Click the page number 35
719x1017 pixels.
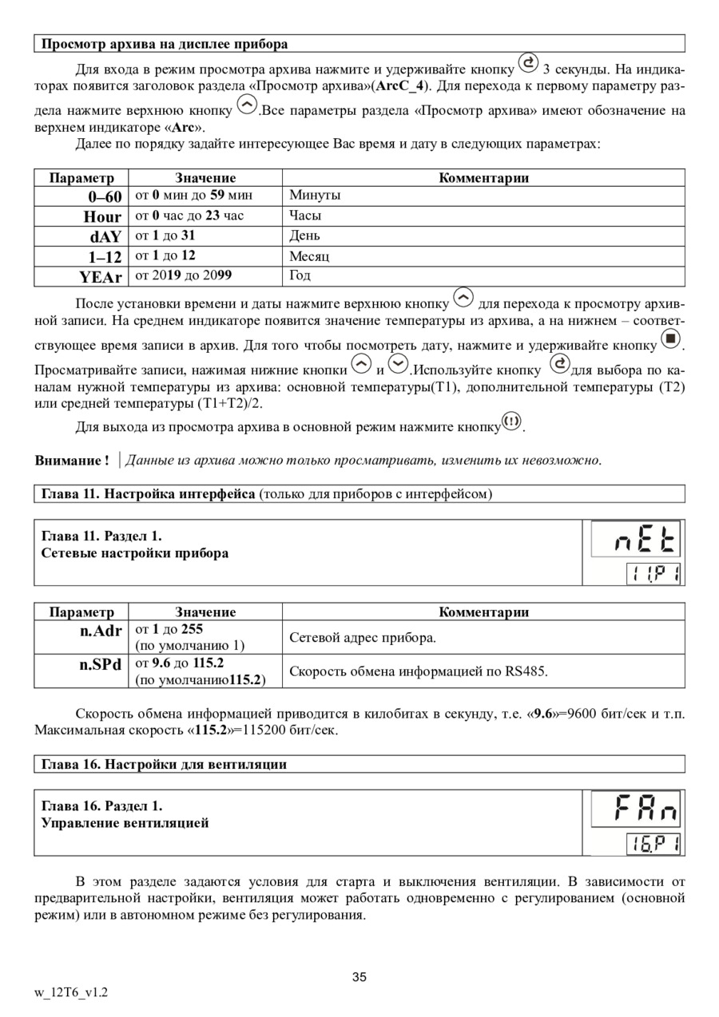(x=359, y=977)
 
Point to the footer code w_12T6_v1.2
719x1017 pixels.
(x=71, y=992)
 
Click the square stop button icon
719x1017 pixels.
(x=671, y=341)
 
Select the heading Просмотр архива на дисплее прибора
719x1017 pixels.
(x=165, y=44)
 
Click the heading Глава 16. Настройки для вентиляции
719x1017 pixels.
(x=164, y=765)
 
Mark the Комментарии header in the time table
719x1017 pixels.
(x=483, y=178)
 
